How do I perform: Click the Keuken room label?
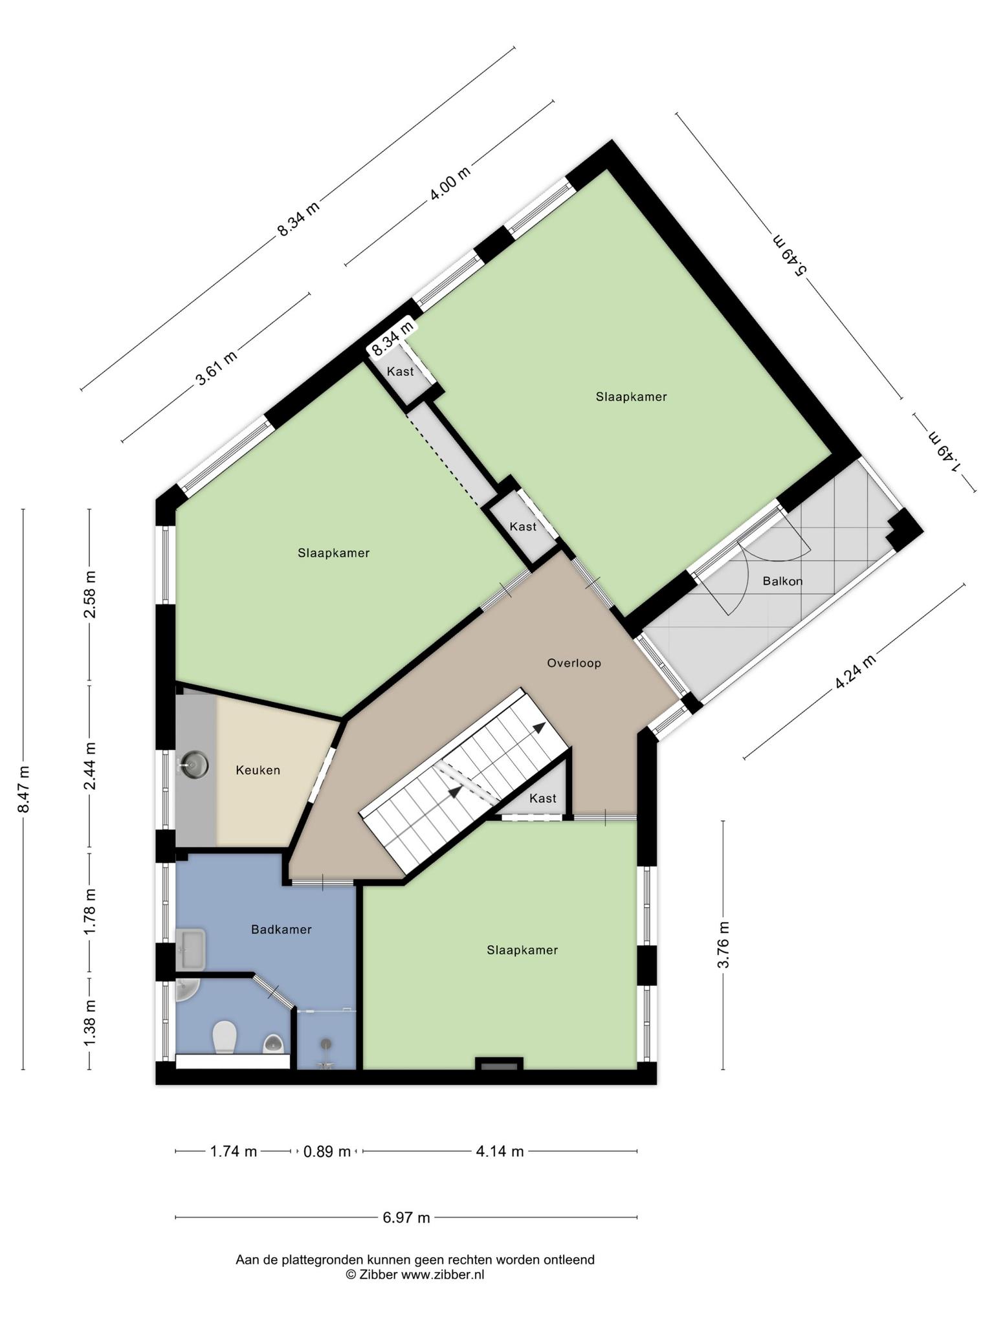pyautogui.click(x=258, y=770)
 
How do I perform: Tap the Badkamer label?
pyautogui.click(x=282, y=929)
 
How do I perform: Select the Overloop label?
pyautogui.click(x=574, y=662)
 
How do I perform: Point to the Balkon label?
pyautogui.click(x=782, y=581)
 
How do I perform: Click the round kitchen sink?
pyautogui.click(x=195, y=765)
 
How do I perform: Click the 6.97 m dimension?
pyautogui.click(x=406, y=1218)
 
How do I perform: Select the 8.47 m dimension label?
pyautogui.click(x=23, y=789)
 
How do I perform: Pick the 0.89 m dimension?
pyautogui.click(x=327, y=1152)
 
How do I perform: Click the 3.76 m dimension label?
pyautogui.click(x=723, y=945)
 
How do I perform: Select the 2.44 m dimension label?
pyautogui.click(x=89, y=766)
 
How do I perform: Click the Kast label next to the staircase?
pyautogui.click(x=542, y=798)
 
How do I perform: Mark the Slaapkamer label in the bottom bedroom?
pyautogui.click(x=522, y=950)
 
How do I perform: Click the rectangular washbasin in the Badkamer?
pyautogui.click(x=190, y=950)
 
